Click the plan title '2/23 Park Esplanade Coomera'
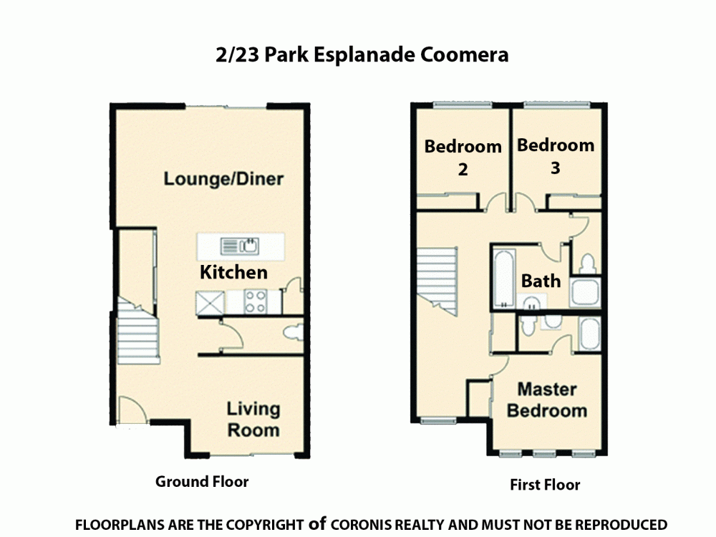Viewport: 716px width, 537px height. tap(362, 55)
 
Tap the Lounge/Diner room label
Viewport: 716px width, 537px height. tap(223, 178)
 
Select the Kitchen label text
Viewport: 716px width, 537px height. tap(233, 272)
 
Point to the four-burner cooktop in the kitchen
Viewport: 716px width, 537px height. tap(256, 301)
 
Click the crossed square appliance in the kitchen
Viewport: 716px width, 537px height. tap(208, 302)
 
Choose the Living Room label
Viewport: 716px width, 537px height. tap(253, 420)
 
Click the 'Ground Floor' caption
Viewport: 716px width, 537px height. tap(202, 481)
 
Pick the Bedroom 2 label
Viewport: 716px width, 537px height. tap(463, 158)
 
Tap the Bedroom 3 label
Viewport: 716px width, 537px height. tap(556, 156)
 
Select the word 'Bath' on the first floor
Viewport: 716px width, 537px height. tap(541, 280)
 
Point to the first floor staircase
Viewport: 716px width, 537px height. tap(437, 276)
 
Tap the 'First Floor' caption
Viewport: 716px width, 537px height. tap(545, 485)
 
